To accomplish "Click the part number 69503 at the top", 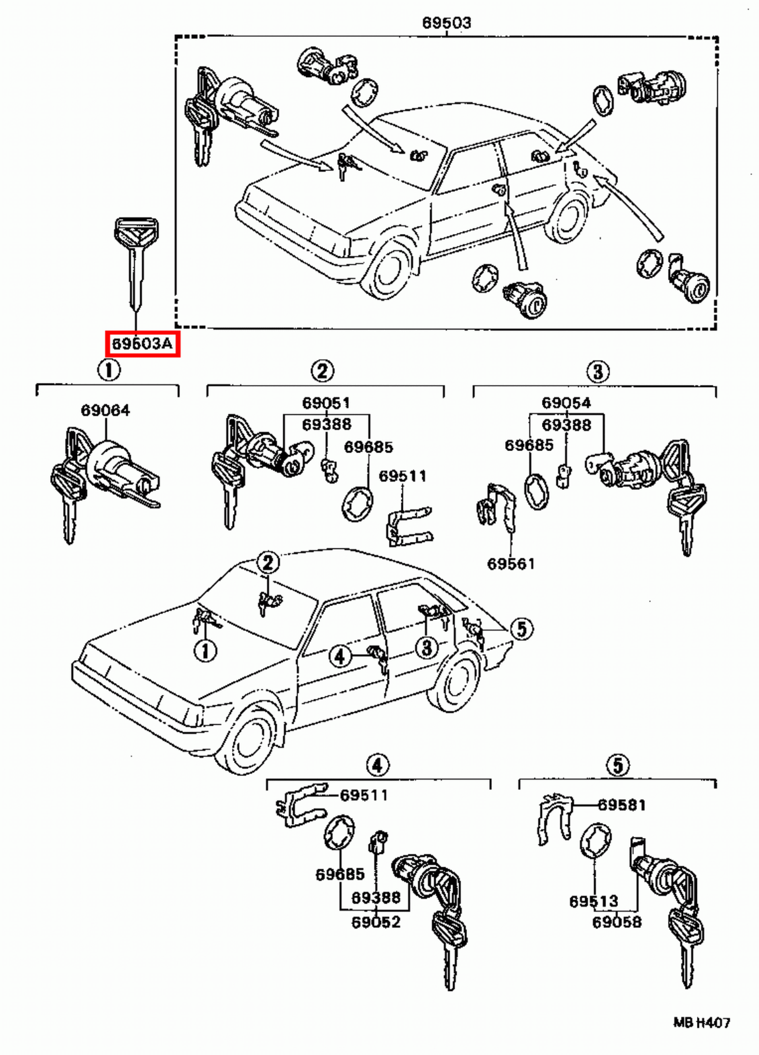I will pyautogui.click(x=446, y=22).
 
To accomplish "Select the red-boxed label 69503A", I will pyautogui.click(x=142, y=344).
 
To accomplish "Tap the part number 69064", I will pyautogui.click(x=106, y=410).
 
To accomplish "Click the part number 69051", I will pyautogui.click(x=326, y=403).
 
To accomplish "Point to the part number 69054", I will pyautogui.click(x=566, y=403).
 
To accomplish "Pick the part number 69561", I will pyautogui.click(x=511, y=564).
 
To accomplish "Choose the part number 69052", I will pyautogui.click(x=376, y=922).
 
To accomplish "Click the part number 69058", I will pyautogui.click(x=617, y=922).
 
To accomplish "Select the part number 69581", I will pyautogui.click(x=622, y=804).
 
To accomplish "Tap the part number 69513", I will pyautogui.click(x=594, y=901).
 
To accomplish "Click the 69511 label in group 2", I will pyautogui.click(x=403, y=476).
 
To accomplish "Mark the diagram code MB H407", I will pyautogui.click(x=702, y=1023).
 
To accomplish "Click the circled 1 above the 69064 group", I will pyautogui.click(x=109, y=369).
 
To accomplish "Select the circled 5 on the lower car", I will pyautogui.click(x=521, y=628).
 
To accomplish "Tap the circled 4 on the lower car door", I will pyautogui.click(x=340, y=656).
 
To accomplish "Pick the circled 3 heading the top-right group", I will pyautogui.click(x=597, y=371).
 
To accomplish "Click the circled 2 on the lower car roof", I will pyautogui.click(x=268, y=562).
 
